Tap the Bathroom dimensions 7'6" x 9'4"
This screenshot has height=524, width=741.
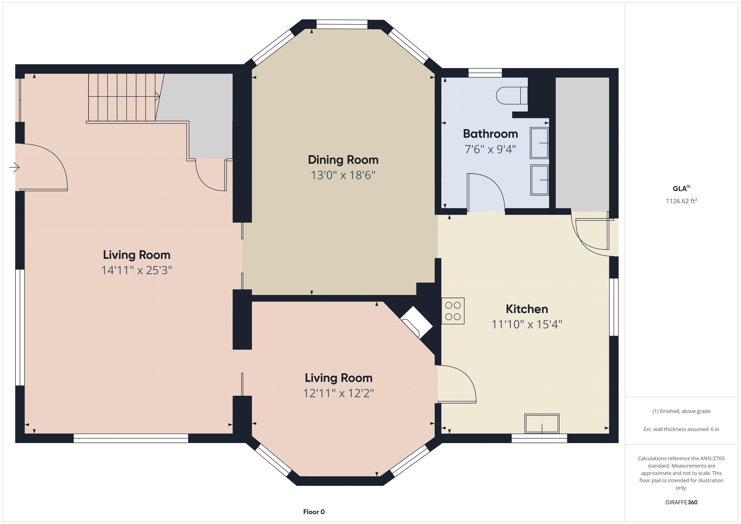(x=490, y=149)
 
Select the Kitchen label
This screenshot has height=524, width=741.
(x=527, y=309)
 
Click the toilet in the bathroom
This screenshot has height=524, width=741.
(x=512, y=95)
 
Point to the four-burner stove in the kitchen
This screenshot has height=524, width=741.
(x=453, y=311)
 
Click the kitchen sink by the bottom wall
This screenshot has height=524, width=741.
(x=542, y=424)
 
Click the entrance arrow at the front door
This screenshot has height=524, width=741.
(x=14, y=167)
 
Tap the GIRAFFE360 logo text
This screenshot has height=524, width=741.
(x=681, y=502)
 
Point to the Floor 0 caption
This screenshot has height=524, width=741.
(x=314, y=512)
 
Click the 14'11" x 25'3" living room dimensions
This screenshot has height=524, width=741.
(x=137, y=270)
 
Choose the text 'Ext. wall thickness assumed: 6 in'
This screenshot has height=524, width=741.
(x=681, y=429)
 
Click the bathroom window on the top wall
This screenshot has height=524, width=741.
(x=485, y=73)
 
